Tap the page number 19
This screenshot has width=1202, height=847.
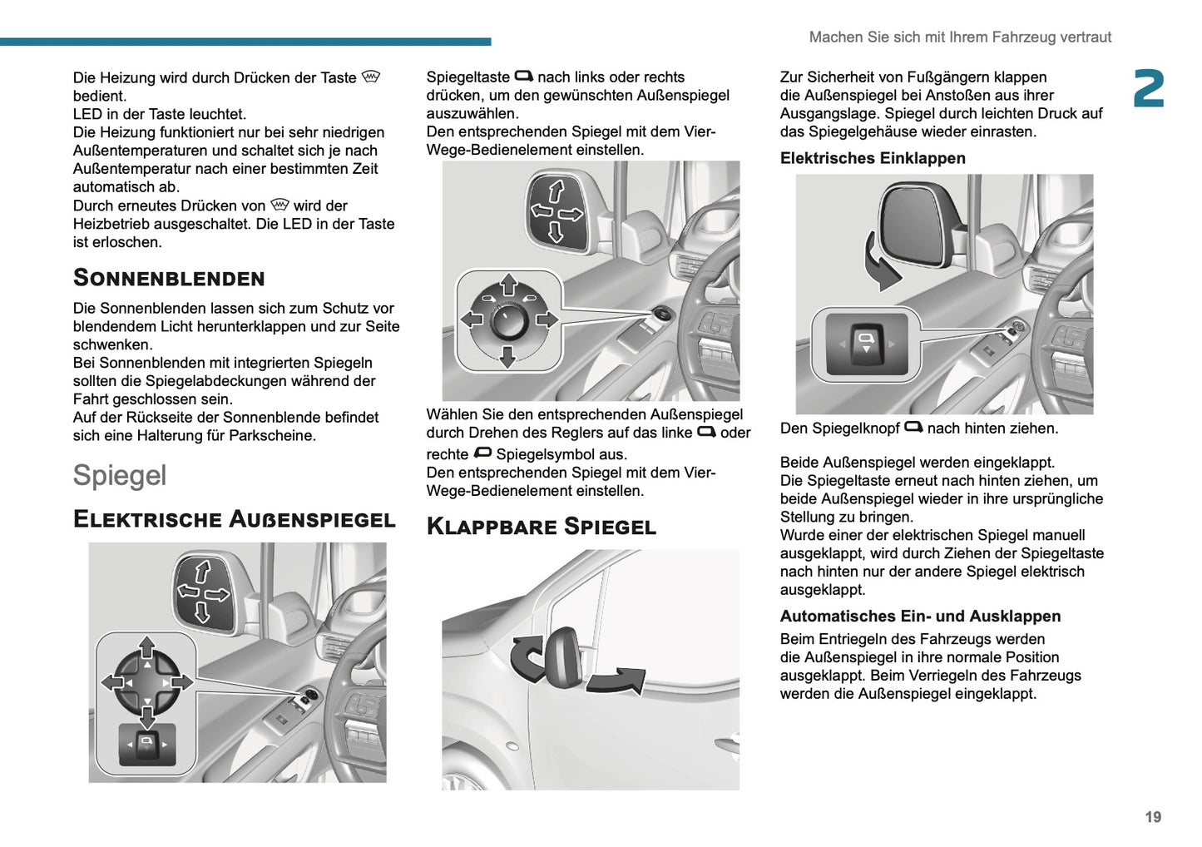(x=1153, y=817)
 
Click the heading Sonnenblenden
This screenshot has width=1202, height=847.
(x=169, y=278)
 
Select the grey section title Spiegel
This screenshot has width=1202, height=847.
(x=120, y=475)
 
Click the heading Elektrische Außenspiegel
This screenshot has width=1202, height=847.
(x=234, y=519)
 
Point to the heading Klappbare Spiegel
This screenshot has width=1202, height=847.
(x=541, y=527)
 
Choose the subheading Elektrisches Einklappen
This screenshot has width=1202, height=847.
(x=873, y=158)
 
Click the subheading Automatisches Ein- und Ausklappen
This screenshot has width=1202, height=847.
(x=920, y=617)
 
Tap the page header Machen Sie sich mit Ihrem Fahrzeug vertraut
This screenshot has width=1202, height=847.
(x=960, y=37)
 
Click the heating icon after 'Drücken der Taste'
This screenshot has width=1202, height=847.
(x=371, y=77)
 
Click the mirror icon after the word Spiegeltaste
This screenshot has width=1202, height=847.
(x=524, y=77)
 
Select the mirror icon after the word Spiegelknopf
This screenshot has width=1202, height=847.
(x=913, y=428)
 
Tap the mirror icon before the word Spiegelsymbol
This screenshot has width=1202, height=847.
(x=482, y=453)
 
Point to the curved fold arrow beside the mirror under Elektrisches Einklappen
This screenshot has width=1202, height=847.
(x=881, y=260)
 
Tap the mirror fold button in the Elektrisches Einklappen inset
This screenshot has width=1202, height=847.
(x=866, y=344)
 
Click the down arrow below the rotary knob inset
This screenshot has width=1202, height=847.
(x=507, y=358)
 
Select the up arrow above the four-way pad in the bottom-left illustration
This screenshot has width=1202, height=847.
(x=147, y=646)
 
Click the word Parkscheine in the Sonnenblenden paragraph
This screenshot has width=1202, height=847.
(x=277, y=435)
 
